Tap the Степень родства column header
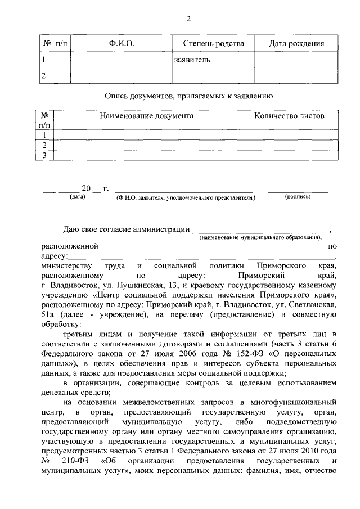click(x=213, y=44)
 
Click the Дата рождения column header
click(x=296, y=44)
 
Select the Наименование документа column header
click(x=146, y=116)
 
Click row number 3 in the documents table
click(x=44, y=155)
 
